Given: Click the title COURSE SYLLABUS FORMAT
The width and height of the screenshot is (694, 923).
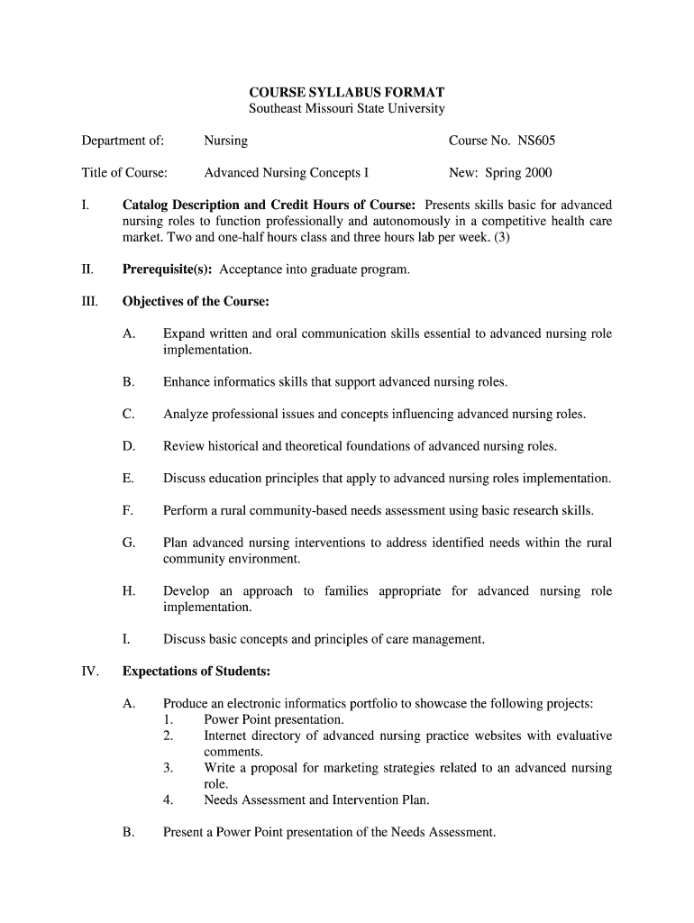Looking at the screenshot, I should click(347, 93).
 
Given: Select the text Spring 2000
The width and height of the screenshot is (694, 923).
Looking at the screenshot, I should click(518, 173).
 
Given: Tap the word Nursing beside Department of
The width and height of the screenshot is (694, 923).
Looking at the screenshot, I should click(226, 141).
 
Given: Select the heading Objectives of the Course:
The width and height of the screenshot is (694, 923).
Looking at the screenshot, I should click(196, 301).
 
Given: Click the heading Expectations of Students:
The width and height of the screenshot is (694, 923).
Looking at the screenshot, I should click(196, 672).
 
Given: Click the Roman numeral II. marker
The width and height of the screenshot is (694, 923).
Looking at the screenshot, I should click(87, 269).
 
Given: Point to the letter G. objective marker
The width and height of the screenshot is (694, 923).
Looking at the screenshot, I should click(128, 543).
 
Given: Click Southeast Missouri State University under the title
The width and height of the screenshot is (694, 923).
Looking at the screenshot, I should click(347, 109).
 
